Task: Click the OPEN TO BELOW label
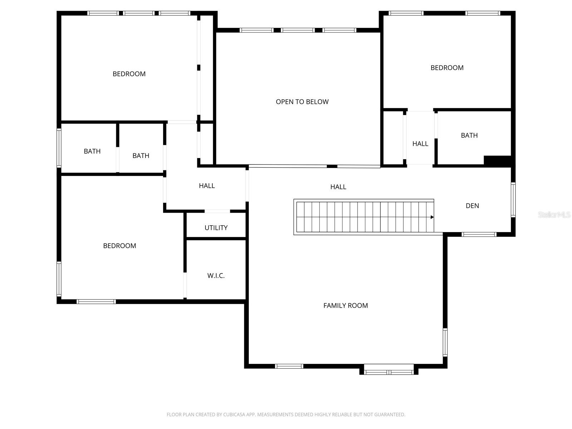[x=302, y=102]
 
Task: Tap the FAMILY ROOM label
[x=345, y=306]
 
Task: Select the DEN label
[x=472, y=206]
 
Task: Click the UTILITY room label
[x=216, y=228]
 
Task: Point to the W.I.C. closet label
[x=216, y=276]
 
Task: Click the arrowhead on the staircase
[x=432, y=217]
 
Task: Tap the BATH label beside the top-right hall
[x=469, y=135]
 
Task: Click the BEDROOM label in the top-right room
[x=447, y=68]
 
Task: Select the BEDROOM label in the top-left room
[x=129, y=74]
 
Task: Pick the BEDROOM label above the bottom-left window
[x=119, y=246]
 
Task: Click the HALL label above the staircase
[x=338, y=187]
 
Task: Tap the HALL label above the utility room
[x=207, y=186]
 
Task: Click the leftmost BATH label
[x=92, y=152]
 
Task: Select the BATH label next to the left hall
[x=140, y=156]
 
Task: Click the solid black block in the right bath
[x=497, y=161]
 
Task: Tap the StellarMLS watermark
[x=554, y=215]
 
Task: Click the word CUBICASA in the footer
[x=235, y=415]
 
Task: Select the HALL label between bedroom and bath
[x=420, y=144]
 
